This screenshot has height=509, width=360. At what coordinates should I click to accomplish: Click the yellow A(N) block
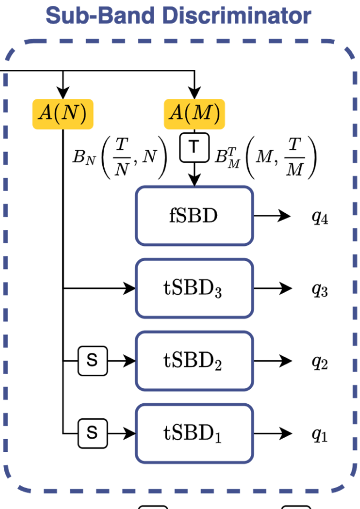pyautogui.click(x=63, y=113)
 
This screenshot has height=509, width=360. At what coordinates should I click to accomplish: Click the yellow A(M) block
pyautogui.click(x=195, y=113)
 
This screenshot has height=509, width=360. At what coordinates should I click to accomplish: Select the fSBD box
pyautogui.click(x=194, y=216)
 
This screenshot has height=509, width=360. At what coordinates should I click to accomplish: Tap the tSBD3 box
pyautogui.click(x=194, y=289)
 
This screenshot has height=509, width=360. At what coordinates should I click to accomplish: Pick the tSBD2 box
pyautogui.click(x=194, y=361)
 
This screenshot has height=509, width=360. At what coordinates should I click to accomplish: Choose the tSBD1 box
pyautogui.click(x=194, y=433)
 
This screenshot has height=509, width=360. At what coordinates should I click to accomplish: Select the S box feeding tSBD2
pyautogui.click(x=92, y=361)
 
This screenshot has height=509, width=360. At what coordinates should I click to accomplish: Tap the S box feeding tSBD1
pyautogui.click(x=92, y=433)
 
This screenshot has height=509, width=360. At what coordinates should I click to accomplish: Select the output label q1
pyautogui.click(x=320, y=435)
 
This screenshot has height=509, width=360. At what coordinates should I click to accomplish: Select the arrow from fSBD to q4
pyautogui.click(x=272, y=216)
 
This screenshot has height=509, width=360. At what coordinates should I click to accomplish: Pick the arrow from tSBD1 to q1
pyautogui.click(x=272, y=433)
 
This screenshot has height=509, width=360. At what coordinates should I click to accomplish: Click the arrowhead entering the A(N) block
pyautogui.click(x=63, y=93)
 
